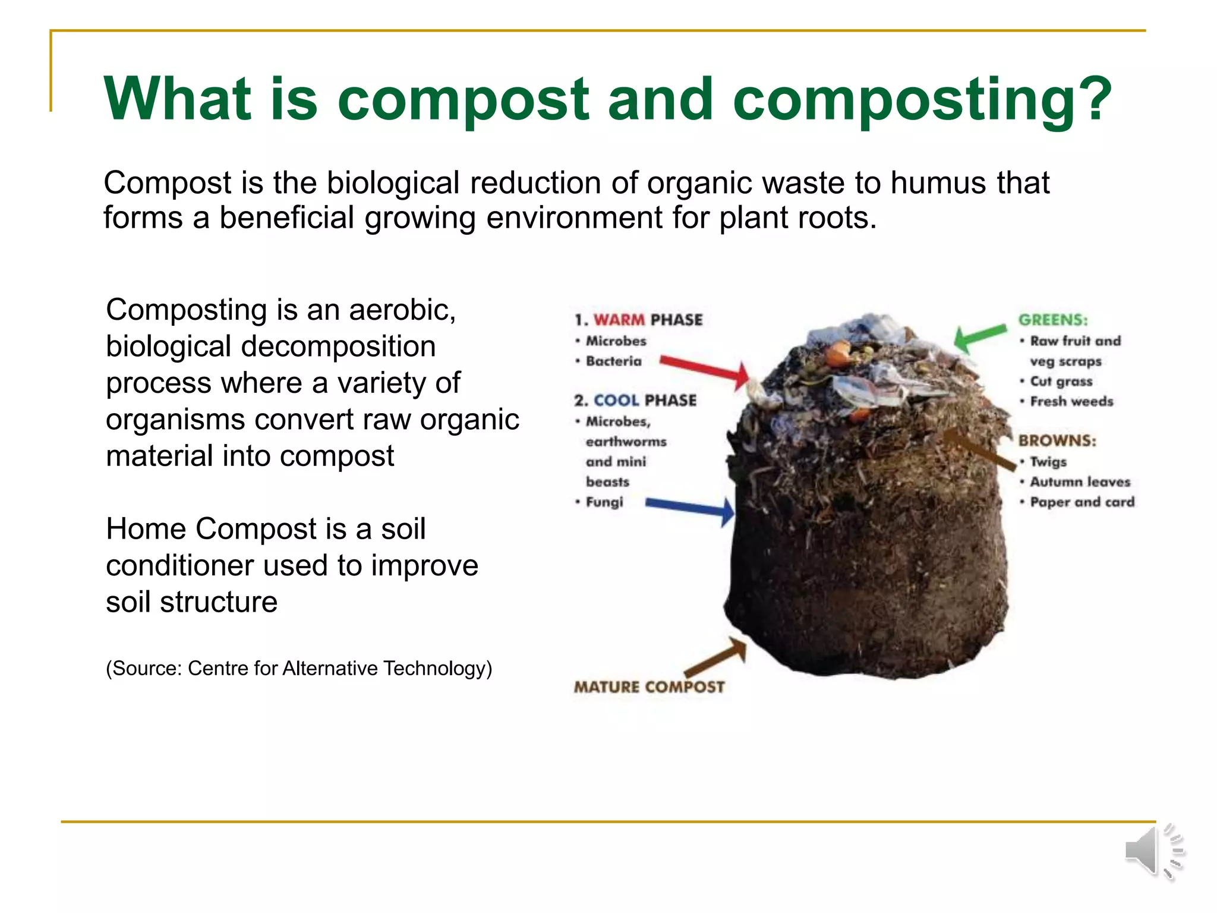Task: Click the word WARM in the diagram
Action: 619,320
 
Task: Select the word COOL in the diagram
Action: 616,401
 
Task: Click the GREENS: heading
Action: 1053,320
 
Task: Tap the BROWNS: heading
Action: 1057,440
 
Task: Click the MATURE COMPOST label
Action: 649,687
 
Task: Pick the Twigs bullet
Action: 1048,462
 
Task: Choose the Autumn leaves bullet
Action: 1080,482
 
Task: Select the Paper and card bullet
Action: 1082,502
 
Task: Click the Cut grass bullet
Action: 1061,382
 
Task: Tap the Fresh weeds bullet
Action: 1071,402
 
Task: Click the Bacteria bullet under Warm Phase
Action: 613,361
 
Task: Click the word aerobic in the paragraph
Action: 402,310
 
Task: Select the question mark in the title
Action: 1092,99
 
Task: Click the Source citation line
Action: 299,669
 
